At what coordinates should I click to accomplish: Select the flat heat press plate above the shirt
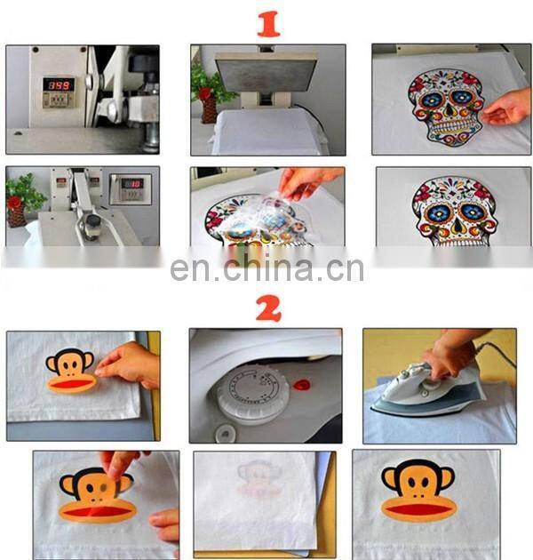click(266, 70)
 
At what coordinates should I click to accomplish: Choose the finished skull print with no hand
click(448, 212)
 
